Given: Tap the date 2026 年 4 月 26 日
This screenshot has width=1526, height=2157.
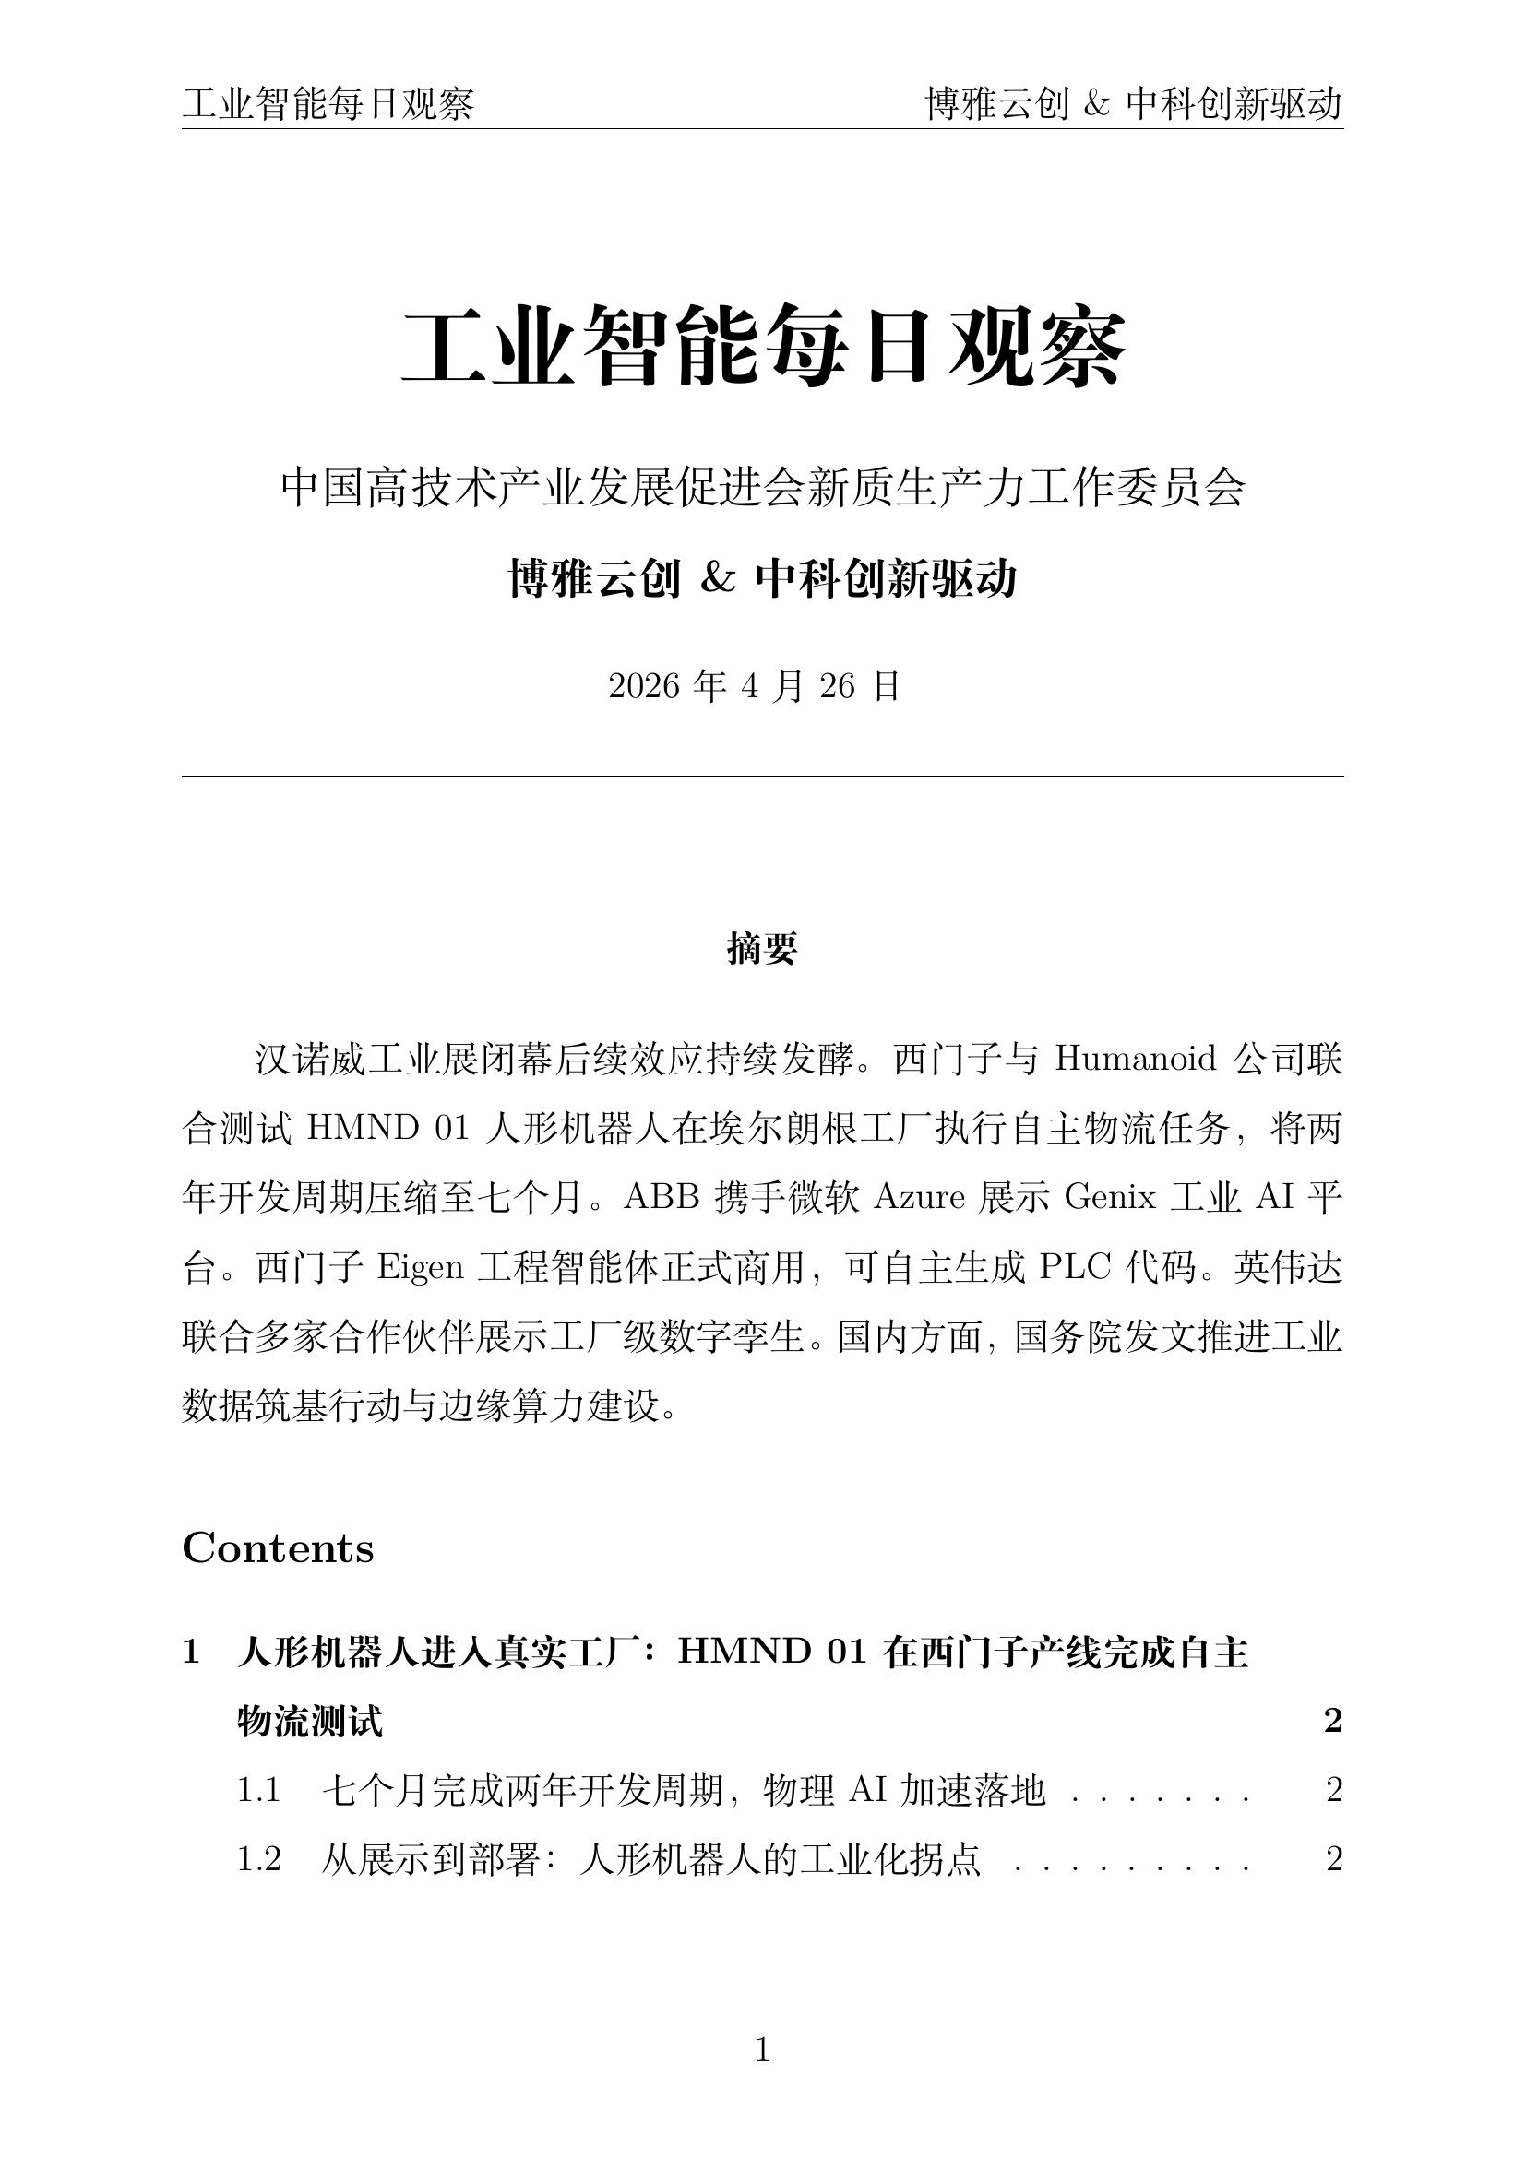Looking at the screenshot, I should pos(755,687).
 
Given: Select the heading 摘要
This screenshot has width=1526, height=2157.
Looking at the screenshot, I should pos(762,949).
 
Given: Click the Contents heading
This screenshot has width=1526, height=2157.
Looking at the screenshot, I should pos(278,1548).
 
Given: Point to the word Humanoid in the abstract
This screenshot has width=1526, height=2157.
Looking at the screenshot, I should pos(1135,1059).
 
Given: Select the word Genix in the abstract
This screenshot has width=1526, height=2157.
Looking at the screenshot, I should pos(1110,1198).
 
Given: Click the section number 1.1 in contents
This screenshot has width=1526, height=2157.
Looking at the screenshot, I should pos(259,1791).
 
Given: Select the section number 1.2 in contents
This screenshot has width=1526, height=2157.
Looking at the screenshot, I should pos(259,1859).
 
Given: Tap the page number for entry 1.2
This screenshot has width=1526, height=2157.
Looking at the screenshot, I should pos(1333,1859).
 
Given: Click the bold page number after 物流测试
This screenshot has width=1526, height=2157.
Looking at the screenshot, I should pos(1332,1721).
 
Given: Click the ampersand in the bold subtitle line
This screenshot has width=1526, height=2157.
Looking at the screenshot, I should pos(717,579).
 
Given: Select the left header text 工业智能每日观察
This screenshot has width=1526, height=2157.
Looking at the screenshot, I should pos(328,104).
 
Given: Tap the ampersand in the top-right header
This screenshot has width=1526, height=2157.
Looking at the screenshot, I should pos(1097,104).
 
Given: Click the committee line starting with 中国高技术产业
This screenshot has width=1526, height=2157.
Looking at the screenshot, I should pos(762,488).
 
